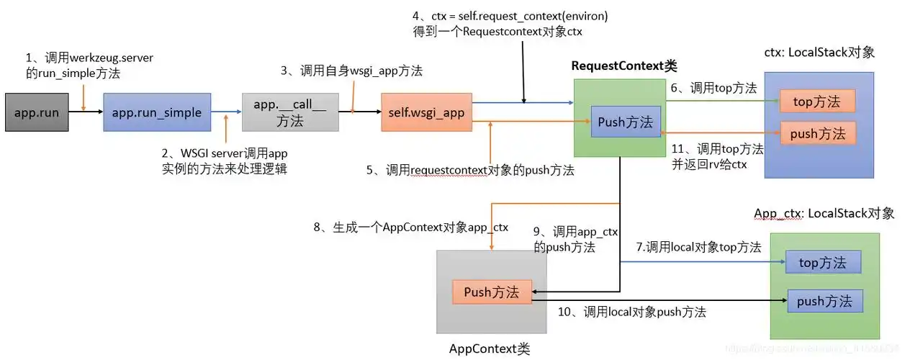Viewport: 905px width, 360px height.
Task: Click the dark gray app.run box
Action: [37, 112]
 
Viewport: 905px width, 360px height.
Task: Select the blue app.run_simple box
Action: [157, 112]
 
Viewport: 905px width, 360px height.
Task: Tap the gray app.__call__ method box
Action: [290, 112]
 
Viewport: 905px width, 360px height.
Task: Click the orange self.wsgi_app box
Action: [426, 112]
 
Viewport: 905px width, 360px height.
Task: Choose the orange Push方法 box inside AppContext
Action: [492, 292]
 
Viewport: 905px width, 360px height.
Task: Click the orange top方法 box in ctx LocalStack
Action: [817, 102]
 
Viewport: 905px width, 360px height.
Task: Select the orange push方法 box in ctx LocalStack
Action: [817, 133]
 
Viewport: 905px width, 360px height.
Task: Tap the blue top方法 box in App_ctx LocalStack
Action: [823, 263]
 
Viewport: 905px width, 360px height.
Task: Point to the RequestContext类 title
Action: [624, 66]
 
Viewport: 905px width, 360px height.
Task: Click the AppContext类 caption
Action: [490, 349]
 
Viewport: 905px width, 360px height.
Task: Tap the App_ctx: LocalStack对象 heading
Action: [824, 213]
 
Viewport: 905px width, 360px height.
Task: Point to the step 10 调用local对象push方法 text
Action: [632, 312]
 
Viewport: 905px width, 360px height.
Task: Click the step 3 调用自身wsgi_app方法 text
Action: [351, 71]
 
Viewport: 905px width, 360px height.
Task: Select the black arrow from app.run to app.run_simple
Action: [86, 112]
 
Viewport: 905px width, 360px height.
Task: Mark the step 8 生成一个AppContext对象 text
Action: [410, 228]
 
